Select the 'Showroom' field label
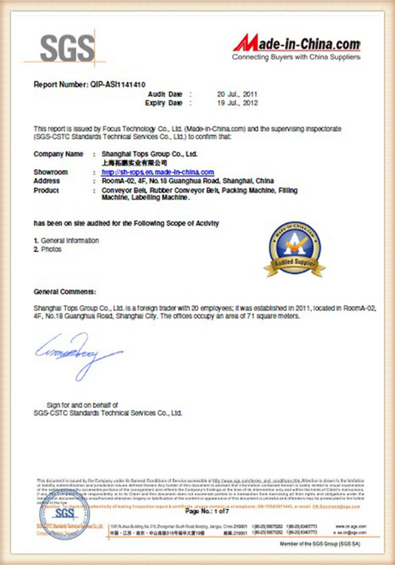coord(51,172)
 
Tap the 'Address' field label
coord(47,180)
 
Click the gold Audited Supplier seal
coord(294,249)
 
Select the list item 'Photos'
coord(50,249)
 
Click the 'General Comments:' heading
coord(65,291)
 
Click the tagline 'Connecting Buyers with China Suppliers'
coord(296,58)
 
